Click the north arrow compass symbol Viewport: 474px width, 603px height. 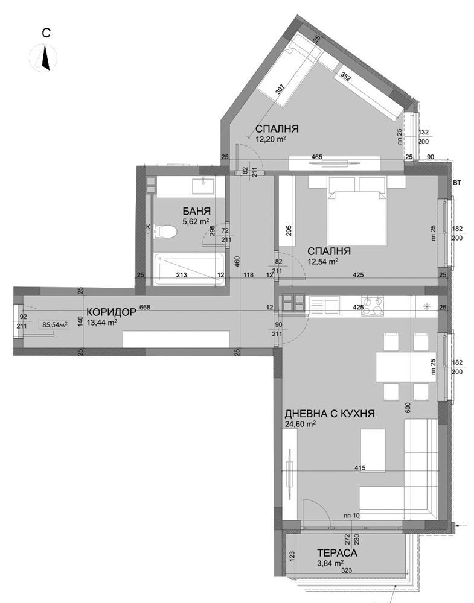45,58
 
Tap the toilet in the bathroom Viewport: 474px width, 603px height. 165,231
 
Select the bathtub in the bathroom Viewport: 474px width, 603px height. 189,269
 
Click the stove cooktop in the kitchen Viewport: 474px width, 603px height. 373,306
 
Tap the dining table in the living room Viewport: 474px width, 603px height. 406,367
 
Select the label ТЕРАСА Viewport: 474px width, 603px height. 337,553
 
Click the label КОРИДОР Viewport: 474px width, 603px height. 111,312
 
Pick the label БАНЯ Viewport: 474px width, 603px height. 196,211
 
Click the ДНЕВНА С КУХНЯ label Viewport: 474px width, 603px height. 330,414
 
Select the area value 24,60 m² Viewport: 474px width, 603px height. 300,423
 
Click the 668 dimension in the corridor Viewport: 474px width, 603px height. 145,308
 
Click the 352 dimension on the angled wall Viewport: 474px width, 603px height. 345,77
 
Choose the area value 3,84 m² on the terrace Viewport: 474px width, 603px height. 331,563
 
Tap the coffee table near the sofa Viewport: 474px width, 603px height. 373,450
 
